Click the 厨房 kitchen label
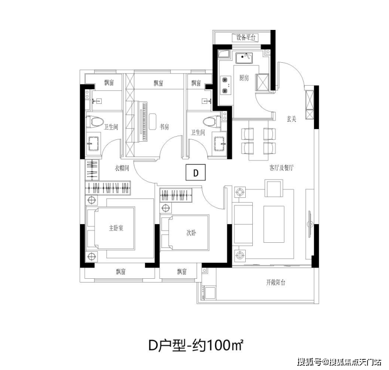coord(243,78)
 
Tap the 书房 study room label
coord(164,127)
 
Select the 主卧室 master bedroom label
coord(116,228)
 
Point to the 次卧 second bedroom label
coord(191,232)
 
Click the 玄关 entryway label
coord(291,119)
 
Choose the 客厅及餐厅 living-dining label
coord(281,168)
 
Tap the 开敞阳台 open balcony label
coord(276,282)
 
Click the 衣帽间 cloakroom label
coord(122,168)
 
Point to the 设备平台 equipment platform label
coord(245,37)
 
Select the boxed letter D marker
coord(196,172)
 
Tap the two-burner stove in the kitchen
coord(226,85)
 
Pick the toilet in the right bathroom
coord(212,122)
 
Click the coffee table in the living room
coord(274,224)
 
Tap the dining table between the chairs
coord(258,140)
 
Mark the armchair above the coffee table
coord(274,188)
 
